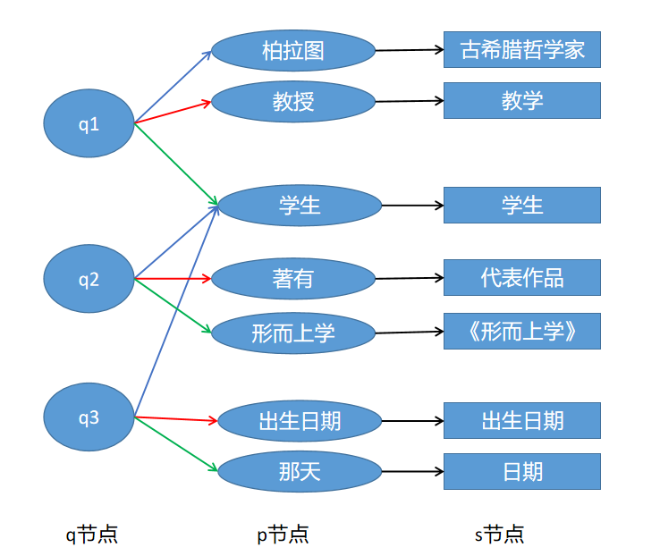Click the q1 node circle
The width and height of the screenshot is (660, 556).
pyautogui.click(x=89, y=123)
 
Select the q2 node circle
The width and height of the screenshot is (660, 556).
pyautogui.click(x=89, y=279)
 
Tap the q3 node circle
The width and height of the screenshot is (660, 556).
pyautogui.click(x=89, y=417)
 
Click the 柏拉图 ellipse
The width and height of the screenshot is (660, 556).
pyautogui.click(x=293, y=50)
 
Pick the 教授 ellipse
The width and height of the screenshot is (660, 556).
pyautogui.click(x=293, y=102)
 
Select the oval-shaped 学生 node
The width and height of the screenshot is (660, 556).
pyautogui.click(x=300, y=206)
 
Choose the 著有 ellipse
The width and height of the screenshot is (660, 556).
pyautogui.click(x=293, y=278)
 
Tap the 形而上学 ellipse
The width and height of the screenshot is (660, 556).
pyautogui.click(x=293, y=333)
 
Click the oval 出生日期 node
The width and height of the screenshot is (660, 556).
pyautogui.click(x=300, y=419)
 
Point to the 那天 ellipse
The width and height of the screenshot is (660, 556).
pyautogui.click(x=300, y=471)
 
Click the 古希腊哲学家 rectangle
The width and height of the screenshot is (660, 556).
pyautogui.click(x=522, y=49)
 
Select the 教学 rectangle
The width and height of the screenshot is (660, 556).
pyautogui.click(x=522, y=100)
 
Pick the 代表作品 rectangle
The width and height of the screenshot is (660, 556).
pyautogui.click(x=522, y=277)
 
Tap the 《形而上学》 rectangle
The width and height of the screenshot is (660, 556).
pyautogui.click(x=522, y=332)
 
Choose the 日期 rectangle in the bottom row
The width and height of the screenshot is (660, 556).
pyautogui.click(x=522, y=471)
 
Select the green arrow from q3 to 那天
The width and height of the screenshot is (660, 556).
pyautogui.click(x=176, y=444)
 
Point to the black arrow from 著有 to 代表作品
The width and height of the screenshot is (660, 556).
pyautogui.click(x=409, y=278)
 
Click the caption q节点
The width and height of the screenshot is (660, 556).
pyautogui.click(x=92, y=535)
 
